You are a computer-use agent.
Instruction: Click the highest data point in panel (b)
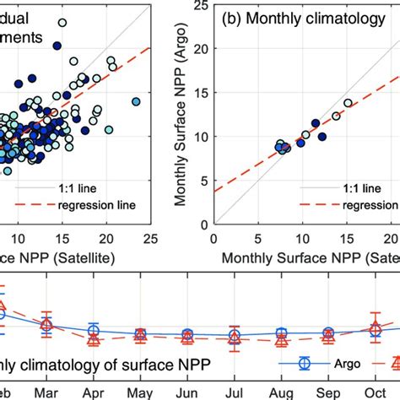[x=348, y=103]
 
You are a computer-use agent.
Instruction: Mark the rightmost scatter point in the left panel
[x=136, y=102]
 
